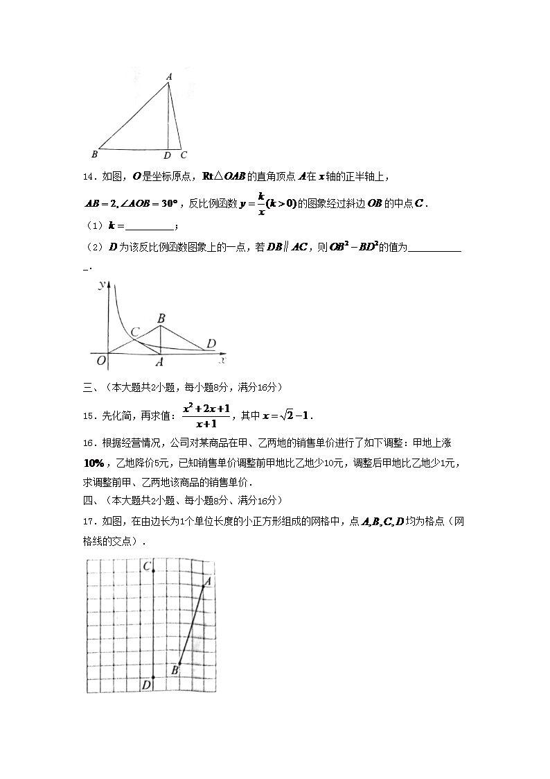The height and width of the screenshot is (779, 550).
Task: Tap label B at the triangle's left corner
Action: click(x=94, y=155)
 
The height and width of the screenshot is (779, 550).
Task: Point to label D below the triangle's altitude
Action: click(x=167, y=155)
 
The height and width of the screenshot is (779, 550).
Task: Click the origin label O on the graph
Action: click(x=101, y=359)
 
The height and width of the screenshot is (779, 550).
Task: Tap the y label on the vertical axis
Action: click(x=101, y=285)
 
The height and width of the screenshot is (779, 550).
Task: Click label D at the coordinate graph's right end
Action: click(x=211, y=343)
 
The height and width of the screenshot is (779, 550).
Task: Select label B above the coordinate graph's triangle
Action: click(x=161, y=318)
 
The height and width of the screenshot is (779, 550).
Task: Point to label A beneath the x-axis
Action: click(x=159, y=361)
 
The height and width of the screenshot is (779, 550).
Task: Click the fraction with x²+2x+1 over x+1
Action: click(x=206, y=415)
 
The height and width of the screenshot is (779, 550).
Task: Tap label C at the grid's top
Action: click(x=147, y=567)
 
